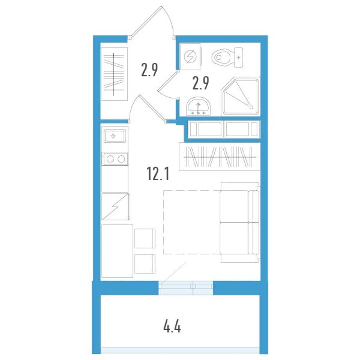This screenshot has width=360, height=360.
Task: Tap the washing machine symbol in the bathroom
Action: [x=190, y=56]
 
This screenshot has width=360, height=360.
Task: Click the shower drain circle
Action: [x=251, y=107]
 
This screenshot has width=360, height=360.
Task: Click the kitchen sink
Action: [x=115, y=136]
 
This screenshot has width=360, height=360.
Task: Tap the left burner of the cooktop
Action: [x=110, y=159]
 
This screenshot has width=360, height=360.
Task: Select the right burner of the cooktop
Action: [x=121, y=159]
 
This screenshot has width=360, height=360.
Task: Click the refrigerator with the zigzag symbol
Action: [x=115, y=207]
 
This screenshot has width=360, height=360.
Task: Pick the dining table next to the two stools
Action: [x=117, y=251]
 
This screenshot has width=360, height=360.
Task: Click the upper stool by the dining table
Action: [x=145, y=239]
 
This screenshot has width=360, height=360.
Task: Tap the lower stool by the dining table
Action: [x=145, y=264]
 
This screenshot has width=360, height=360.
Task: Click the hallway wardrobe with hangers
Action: [x=114, y=74]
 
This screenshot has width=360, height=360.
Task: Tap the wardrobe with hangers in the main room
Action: [x=220, y=157]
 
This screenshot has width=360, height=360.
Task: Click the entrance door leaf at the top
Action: [x=146, y=21]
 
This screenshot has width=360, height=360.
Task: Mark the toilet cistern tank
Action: [x=239, y=57]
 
